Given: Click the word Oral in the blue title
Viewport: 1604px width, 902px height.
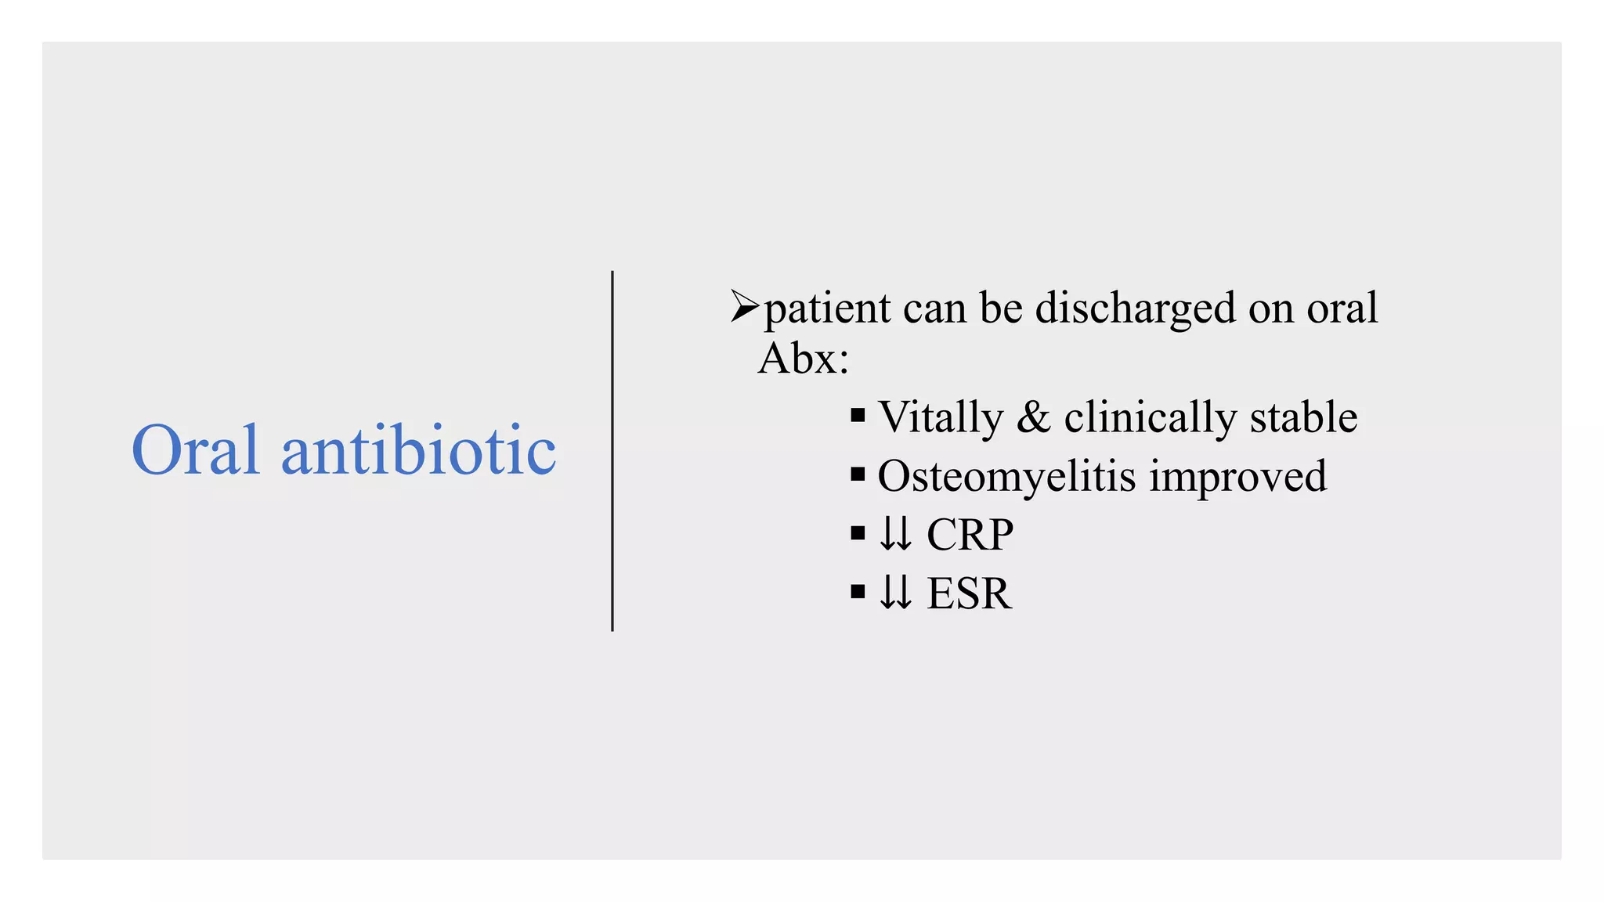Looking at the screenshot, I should [195, 450].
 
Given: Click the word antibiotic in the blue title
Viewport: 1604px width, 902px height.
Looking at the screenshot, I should [418, 450].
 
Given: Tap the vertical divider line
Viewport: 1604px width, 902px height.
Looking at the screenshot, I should [612, 450].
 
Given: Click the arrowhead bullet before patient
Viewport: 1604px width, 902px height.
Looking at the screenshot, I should [744, 306].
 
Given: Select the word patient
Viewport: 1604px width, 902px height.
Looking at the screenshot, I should [827, 308].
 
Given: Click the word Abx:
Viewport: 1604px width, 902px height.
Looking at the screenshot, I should [804, 359].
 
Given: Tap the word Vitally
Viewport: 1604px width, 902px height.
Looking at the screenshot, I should [941, 417].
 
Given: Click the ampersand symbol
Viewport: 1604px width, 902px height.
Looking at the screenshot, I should [1033, 417].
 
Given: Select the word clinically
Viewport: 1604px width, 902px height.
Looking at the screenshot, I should [1150, 417].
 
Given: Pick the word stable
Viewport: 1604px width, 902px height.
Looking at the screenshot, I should [1303, 417].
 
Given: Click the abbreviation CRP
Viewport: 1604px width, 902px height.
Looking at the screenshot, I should [970, 535].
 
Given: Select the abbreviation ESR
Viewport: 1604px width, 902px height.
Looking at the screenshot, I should [969, 594].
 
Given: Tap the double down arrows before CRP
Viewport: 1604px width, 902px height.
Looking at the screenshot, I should [895, 535].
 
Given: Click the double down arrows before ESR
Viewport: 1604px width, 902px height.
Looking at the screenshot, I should [895, 594].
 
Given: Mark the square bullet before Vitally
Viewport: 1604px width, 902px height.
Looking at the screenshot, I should [858, 416].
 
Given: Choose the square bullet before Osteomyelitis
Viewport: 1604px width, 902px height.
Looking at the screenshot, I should [858, 474].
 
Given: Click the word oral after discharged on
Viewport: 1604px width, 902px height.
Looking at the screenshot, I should [1342, 308].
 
